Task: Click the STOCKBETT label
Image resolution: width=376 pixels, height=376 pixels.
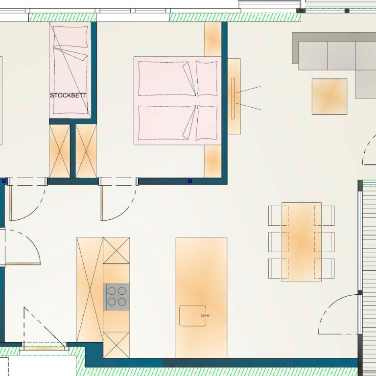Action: click(68, 95)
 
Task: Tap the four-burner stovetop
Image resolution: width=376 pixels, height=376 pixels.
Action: click(117, 297)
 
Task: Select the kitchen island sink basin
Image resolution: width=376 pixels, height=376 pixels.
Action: click(192, 316)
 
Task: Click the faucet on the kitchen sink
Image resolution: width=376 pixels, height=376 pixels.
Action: click(205, 316)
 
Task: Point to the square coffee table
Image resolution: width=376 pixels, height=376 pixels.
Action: click(329, 96)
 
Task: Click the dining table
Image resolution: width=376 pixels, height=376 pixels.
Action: click(302, 242)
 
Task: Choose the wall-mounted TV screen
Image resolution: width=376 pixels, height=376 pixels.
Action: click(233, 98)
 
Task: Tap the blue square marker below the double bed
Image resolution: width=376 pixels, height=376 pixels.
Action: click(190, 181)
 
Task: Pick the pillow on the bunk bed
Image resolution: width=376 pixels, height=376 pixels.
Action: click(70, 36)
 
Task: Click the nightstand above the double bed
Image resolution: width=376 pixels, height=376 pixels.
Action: click(212, 39)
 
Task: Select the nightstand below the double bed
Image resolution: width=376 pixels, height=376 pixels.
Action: click(212, 162)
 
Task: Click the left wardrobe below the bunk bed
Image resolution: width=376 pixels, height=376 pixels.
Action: click(60, 151)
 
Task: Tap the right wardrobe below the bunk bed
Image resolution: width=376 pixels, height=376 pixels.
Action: click(86, 151)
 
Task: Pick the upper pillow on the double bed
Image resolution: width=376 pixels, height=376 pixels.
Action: click(207, 78)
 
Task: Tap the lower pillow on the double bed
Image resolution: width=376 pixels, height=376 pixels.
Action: click(207, 122)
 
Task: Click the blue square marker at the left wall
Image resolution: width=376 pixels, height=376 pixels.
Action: click(4, 181)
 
